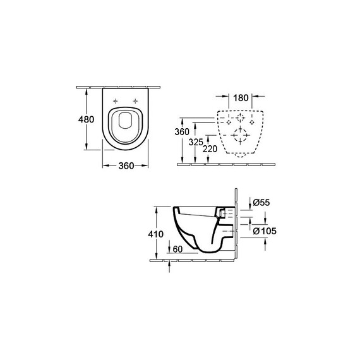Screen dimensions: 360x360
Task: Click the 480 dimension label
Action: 86,119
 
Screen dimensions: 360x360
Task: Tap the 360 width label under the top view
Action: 126,165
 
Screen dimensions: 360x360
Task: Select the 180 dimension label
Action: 241,98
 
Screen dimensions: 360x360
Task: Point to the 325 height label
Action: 196,142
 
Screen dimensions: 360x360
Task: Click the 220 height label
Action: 210,149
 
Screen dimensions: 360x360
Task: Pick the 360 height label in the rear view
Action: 182,132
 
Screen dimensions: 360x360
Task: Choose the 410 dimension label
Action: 155,234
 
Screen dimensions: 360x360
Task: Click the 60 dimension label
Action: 177,249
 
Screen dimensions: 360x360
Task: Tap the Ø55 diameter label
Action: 261,203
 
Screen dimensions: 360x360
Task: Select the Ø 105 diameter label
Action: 265,231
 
